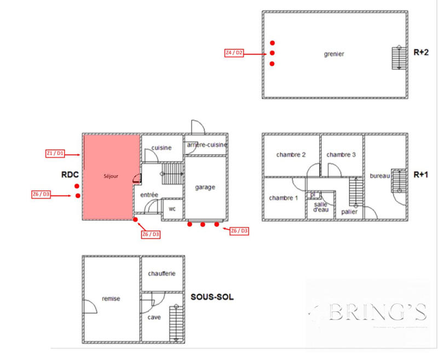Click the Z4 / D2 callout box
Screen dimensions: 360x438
234,53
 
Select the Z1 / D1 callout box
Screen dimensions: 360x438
55,154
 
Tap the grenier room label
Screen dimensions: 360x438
333,54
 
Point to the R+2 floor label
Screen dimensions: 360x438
420,53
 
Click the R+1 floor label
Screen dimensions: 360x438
420,175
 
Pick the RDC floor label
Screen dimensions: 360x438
71,175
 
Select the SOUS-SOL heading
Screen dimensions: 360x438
212,296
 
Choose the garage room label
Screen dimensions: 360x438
205,187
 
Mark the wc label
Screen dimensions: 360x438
172,209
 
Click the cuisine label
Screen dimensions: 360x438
162,147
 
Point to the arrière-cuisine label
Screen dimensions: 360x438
206,144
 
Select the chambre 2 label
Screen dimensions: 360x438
291,155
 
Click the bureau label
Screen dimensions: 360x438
379,175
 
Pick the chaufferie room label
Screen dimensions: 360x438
162,273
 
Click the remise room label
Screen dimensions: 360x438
111,299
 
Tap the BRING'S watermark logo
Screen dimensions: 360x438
373,312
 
